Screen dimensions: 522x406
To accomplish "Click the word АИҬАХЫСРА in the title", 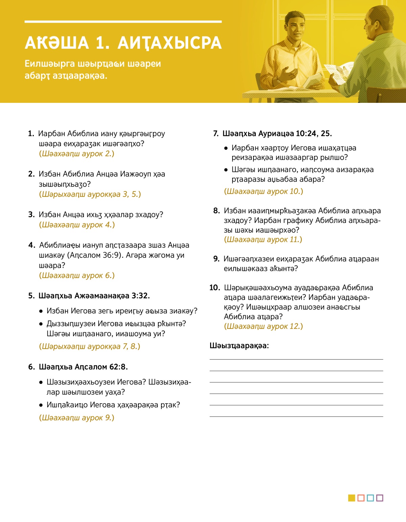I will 170,43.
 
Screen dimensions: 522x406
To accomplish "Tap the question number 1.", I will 31,134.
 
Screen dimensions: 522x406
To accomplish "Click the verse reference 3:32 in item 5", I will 140,296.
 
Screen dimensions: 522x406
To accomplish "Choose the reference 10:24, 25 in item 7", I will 313,134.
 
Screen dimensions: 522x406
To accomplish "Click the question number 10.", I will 215,288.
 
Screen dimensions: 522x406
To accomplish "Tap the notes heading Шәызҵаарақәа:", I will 239,346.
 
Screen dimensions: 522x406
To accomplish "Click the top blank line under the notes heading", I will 296,359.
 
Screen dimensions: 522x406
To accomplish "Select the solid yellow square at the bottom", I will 352,498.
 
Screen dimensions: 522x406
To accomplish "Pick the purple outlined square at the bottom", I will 380,498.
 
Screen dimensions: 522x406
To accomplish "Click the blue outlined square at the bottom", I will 370,498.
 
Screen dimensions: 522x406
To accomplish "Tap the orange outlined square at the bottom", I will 361,498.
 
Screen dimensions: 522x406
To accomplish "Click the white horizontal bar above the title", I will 123,22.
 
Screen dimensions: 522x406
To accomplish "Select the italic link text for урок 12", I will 263,326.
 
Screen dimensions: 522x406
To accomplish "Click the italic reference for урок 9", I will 76,418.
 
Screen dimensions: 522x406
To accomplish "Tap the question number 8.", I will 217,211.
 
